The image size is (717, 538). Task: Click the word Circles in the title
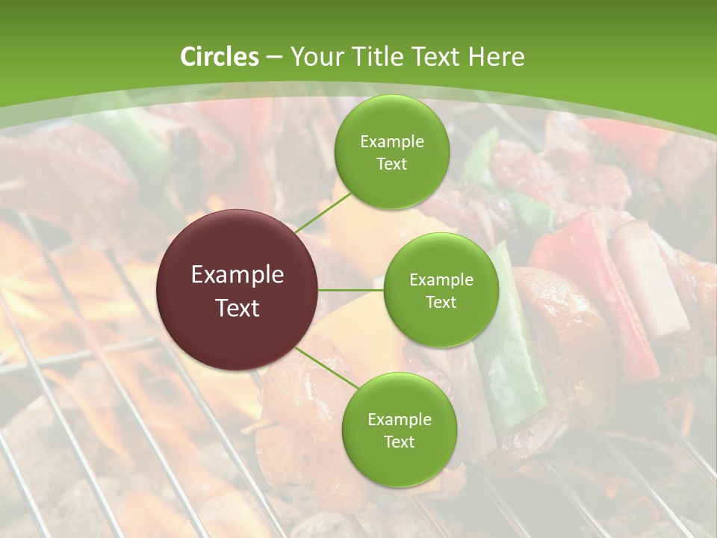pyautogui.click(x=220, y=57)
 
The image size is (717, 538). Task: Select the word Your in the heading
pyautogui.click(x=314, y=57)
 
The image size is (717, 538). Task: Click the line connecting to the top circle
pyautogui.click(x=323, y=211)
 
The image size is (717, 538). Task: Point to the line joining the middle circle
pyautogui.click(x=351, y=290)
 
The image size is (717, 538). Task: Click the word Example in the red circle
pyautogui.click(x=238, y=275)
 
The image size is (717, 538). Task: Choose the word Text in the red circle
pyautogui.click(x=238, y=308)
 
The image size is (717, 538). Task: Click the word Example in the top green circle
pyautogui.click(x=391, y=141)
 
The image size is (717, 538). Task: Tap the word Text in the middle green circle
pyautogui.click(x=441, y=302)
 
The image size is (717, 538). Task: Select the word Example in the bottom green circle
pyautogui.click(x=399, y=420)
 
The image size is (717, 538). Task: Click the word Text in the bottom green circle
pyautogui.click(x=399, y=442)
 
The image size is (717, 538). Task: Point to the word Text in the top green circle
pyautogui.click(x=391, y=164)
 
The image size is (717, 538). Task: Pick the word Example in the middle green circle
pyautogui.click(x=441, y=280)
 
